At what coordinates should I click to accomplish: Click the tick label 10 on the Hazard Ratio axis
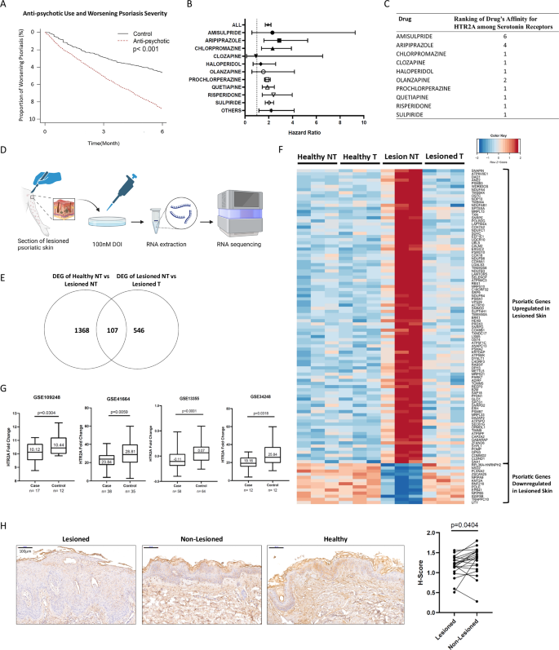pos(364,122)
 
